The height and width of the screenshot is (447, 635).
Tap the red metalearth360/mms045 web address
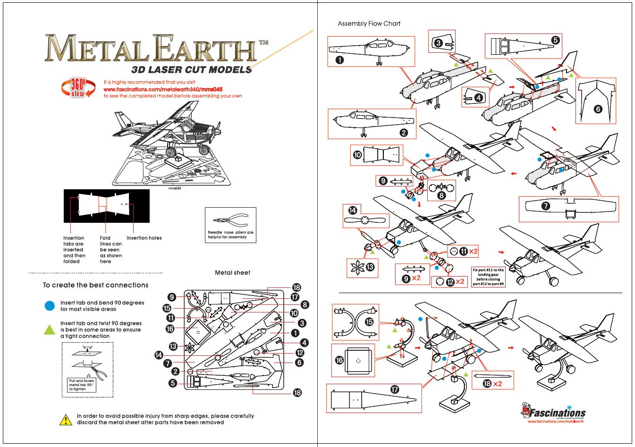[163, 89]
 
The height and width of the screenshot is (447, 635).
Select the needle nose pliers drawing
[231, 220]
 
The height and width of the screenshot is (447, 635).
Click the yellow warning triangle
[66, 419]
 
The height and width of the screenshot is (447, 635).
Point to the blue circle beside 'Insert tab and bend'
[50, 306]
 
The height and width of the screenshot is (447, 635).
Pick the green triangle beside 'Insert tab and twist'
[50, 329]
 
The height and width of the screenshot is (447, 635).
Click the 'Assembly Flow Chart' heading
[369, 24]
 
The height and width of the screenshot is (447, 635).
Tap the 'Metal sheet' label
[232, 273]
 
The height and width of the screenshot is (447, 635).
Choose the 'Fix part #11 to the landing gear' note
[488, 277]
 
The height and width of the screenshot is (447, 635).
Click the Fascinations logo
[553, 412]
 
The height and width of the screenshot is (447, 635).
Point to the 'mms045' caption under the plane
[175, 188]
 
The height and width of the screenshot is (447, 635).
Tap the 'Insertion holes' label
[144, 238]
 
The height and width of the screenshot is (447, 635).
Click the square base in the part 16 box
[358, 361]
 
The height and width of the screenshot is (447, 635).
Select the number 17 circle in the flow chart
[395, 389]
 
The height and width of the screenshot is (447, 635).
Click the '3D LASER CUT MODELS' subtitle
[191, 70]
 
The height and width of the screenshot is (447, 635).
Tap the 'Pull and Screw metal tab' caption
[82, 385]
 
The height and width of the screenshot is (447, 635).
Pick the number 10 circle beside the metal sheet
[294, 313]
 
